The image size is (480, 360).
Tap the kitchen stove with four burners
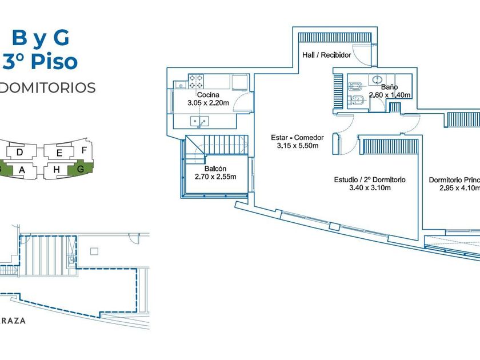[196, 81]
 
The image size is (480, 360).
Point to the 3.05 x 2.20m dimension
[208, 103]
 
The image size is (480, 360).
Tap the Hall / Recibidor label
[326, 55]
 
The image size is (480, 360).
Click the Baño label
[390, 87]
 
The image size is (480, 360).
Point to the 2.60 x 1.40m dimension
[390, 95]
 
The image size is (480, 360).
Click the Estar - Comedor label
[297, 138]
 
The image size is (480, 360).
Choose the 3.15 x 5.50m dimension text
[297, 146]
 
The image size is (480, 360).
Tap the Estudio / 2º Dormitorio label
[370, 179]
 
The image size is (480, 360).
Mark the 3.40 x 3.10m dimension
[370, 187]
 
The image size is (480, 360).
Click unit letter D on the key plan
[20, 153]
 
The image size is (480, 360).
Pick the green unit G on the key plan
[80, 169]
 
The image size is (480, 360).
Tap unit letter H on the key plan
[57, 170]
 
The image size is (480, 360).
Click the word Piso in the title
[55, 61]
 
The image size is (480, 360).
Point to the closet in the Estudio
[387, 147]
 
